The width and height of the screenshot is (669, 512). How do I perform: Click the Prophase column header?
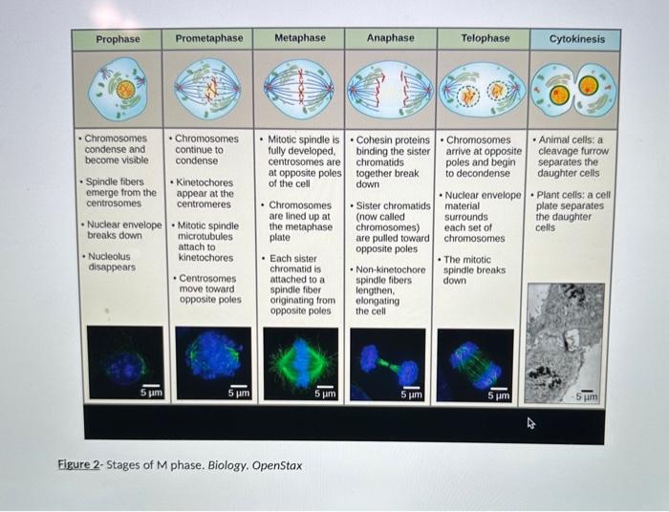point(118,39)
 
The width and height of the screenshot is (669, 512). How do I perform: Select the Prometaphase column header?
point(208,38)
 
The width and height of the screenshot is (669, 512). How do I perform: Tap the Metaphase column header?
point(300,38)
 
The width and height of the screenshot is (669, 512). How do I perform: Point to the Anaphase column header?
point(391,38)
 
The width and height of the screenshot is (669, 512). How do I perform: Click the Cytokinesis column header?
point(576,39)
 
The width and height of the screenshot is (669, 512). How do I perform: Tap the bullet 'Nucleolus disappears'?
point(111,262)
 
